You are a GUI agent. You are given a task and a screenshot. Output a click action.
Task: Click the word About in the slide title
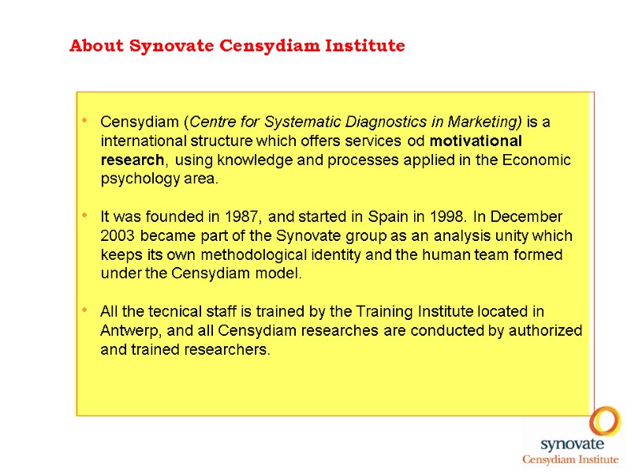coord(96,46)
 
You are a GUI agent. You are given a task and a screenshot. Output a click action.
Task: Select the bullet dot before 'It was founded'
coord(84,216)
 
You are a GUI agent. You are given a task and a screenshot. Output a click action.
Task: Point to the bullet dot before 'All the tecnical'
coord(84,311)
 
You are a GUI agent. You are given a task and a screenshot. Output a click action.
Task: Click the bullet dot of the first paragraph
coord(84,122)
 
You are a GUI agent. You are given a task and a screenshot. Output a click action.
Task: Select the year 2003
coord(118,235)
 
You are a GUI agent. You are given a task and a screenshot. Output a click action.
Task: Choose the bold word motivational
coord(476,141)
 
